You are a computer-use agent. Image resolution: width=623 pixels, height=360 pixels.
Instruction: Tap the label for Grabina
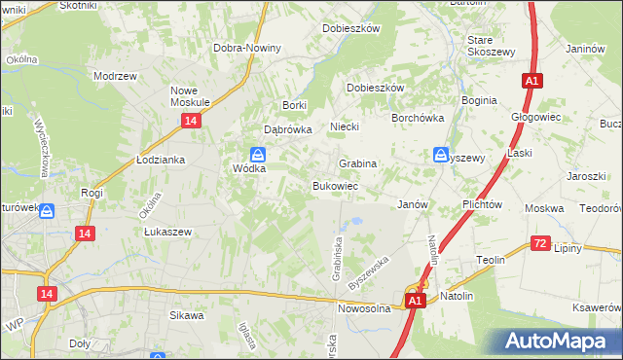357,163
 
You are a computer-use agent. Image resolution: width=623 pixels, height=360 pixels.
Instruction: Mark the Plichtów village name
483,205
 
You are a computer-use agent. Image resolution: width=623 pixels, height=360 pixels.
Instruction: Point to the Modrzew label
113,75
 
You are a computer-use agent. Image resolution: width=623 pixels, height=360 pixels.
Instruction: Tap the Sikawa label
186,315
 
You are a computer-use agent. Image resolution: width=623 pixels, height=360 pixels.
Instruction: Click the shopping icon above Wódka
258,154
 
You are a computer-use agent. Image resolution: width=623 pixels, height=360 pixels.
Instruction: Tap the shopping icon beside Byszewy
441,155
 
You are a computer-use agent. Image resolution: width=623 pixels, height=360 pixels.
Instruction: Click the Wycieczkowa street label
41,147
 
